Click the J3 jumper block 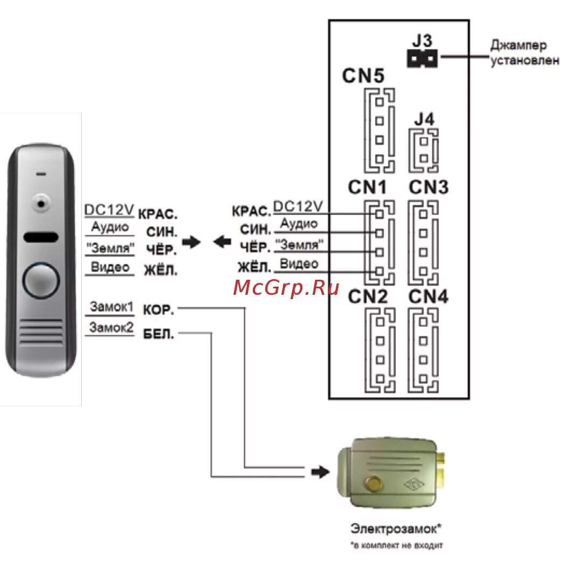coord(422,58)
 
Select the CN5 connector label coord(364,76)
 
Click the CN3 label coord(429,188)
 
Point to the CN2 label coord(367,297)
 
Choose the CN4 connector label coord(428,297)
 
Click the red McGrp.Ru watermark coord(286,288)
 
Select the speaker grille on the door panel coord(41,332)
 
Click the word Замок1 coord(111,307)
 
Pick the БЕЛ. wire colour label coord(159,334)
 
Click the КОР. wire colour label coord(158,310)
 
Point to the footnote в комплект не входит coord(398,545)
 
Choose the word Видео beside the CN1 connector coord(299,264)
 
